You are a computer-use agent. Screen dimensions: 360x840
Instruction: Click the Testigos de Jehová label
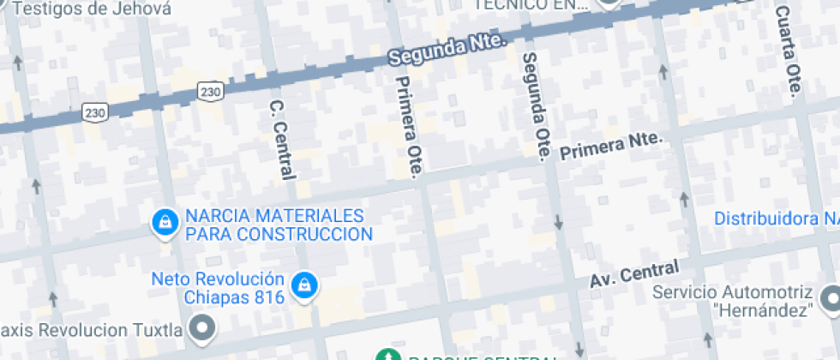[x=94, y=9]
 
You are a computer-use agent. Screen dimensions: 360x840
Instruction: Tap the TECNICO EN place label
[x=531, y=5]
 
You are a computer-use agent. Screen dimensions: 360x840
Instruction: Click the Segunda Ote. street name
[x=535, y=105]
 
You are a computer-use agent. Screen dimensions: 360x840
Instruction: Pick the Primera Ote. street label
[x=406, y=127]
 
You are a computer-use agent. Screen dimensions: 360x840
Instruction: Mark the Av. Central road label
[x=634, y=275]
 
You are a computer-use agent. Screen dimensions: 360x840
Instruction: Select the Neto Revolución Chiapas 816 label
[x=218, y=288]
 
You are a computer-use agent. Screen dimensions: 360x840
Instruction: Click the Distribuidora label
[x=777, y=219]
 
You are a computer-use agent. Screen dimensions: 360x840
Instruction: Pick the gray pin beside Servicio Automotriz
[x=830, y=299]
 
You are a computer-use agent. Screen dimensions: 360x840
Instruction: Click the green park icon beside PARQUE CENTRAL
[x=388, y=355]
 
